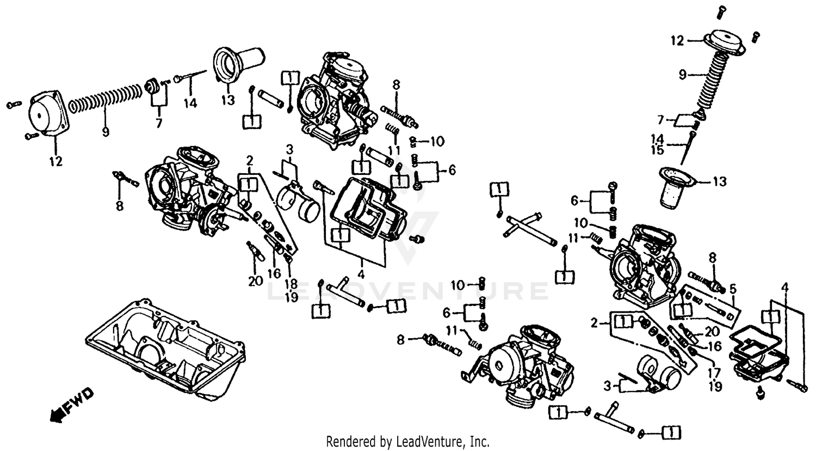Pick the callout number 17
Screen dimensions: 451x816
click(714, 374)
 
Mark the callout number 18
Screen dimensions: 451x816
click(291, 284)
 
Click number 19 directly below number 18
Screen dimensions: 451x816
click(291, 297)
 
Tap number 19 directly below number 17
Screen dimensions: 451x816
click(715, 386)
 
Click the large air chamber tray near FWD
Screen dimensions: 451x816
click(166, 349)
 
